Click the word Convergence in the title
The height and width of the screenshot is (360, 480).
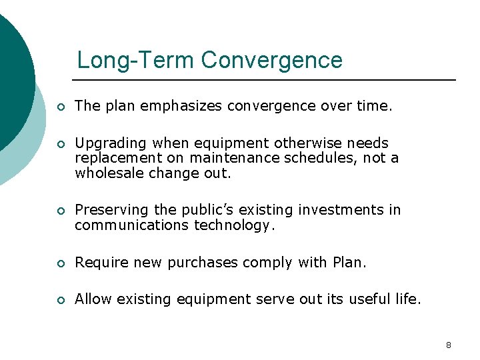tap(272, 60)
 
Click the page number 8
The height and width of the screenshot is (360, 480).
tap(448, 345)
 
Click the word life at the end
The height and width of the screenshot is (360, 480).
tap(408, 300)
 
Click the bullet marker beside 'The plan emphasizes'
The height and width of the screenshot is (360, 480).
tap(60, 107)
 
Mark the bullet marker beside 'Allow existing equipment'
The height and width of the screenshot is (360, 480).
tap(60, 301)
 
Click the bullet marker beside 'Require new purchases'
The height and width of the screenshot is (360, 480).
tap(60, 263)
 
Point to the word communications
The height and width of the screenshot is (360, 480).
tap(132, 225)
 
